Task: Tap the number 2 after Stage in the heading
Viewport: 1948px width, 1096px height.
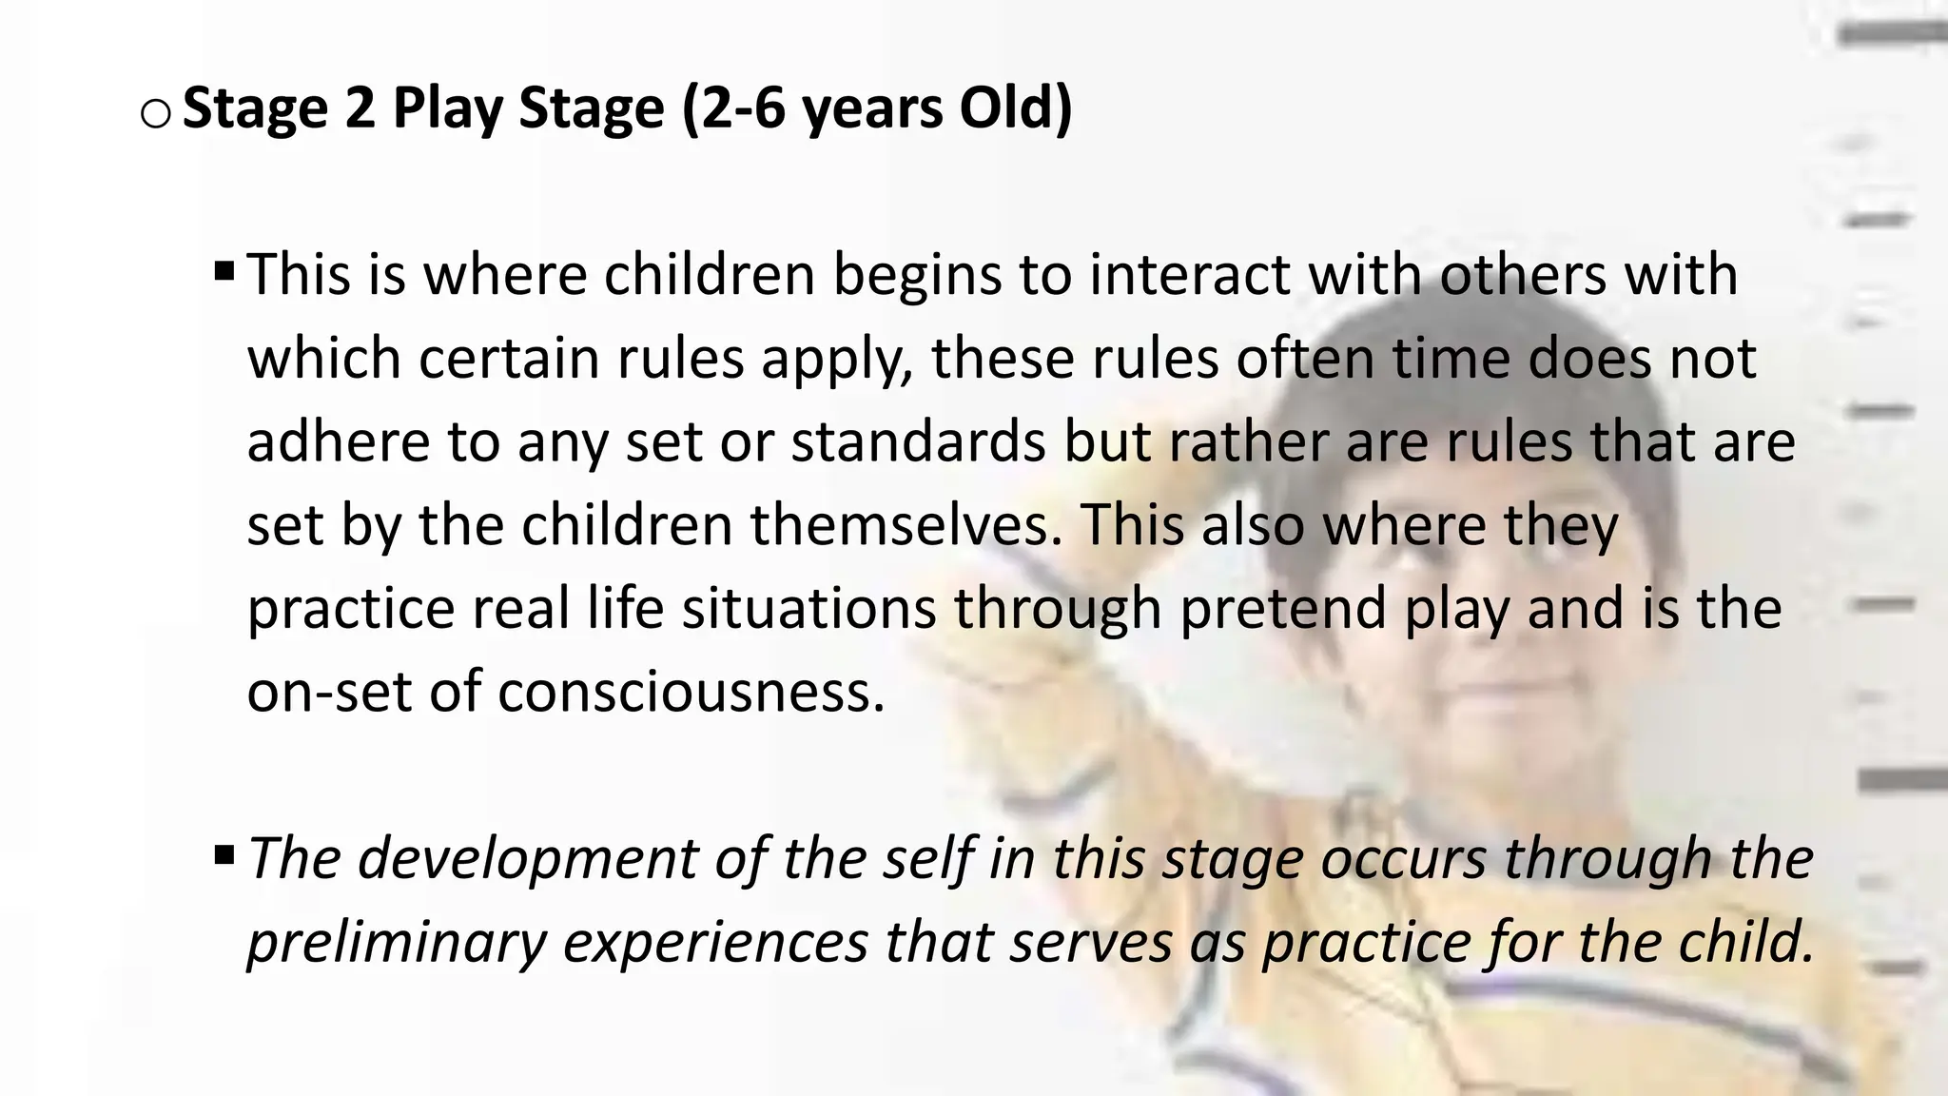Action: click(x=360, y=108)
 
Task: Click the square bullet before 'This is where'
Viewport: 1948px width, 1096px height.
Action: click(x=224, y=274)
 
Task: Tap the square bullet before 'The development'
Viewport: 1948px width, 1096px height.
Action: click(x=224, y=856)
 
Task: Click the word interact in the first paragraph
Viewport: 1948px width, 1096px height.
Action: click(x=1189, y=274)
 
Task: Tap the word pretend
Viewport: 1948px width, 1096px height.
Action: click(x=1282, y=608)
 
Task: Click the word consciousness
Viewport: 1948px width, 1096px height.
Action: click(x=691, y=691)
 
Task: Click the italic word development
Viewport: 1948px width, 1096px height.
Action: click(x=528, y=858)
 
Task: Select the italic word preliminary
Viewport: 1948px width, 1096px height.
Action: click(x=396, y=941)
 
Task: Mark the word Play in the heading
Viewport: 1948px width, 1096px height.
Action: click(x=447, y=108)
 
